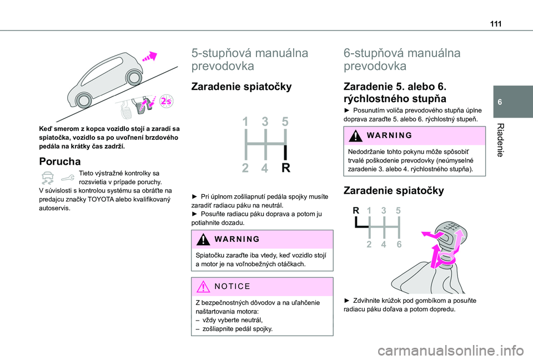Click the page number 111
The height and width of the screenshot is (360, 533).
tap(496, 24)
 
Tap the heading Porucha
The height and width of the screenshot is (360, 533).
tap(60, 161)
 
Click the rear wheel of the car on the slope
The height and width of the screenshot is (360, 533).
tap(83, 100)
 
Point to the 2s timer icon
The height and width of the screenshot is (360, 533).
tap(167, 101)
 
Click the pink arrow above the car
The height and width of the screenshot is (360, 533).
tap(150, 57)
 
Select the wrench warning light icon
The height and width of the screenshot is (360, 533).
tap(68, 178)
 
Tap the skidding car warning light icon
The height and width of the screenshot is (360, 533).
tap(47, 178)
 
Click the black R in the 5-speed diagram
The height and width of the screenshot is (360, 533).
tap(286, 168)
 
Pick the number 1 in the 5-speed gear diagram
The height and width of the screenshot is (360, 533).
tap(245, 121)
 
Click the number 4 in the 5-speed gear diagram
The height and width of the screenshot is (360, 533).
tap(265, 168)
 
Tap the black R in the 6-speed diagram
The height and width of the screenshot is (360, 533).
tap(356, 211)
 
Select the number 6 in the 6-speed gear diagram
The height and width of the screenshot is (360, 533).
tap(399, 244)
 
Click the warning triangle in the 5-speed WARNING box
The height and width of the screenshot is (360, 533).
tap(203, 240)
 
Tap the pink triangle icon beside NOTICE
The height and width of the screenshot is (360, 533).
tap(203, 287)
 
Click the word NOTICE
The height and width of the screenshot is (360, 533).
tap(233, 287)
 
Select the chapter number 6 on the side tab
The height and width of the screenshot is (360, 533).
tap(500, 102)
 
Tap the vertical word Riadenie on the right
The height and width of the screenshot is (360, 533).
tap(500, 140)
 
